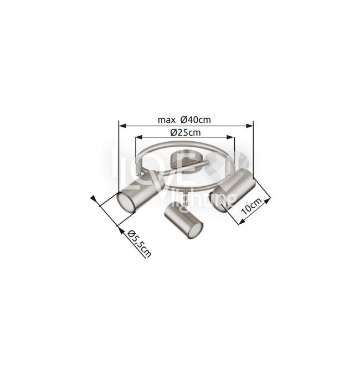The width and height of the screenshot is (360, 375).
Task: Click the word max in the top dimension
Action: [x=167, y=120]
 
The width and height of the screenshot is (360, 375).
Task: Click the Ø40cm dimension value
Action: [x=196, y=120]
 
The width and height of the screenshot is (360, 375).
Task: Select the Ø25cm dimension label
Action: [x=186, y=132]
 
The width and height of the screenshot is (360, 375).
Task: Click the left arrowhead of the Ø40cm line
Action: [x=122, y=125]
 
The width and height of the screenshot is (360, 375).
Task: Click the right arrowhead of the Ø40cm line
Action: [x=250, y=125]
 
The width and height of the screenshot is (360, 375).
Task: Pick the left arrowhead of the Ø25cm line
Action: [x=139, y=137]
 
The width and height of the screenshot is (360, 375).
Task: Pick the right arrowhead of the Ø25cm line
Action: [x=230, y=137]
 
